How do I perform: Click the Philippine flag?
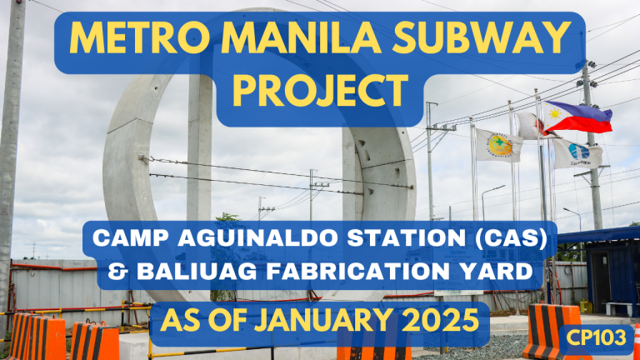[x=579, y=118]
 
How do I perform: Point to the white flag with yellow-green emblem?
[x=497, y=145]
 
